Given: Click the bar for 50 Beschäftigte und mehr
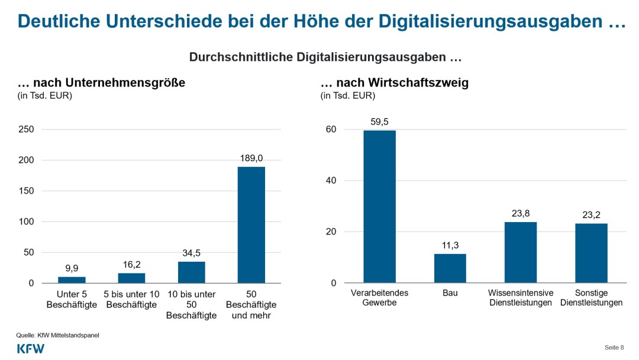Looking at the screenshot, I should coord(251,225).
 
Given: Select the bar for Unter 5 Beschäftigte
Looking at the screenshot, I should coord(72,280).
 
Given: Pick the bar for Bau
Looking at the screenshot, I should coord(450,268).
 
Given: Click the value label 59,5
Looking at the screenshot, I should coord(379,121).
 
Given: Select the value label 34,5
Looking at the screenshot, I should coord(191,253).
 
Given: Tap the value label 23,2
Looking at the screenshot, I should coord(591,215).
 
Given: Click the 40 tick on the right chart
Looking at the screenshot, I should coord(332,181).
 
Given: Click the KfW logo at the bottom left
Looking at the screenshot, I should coord(31,349).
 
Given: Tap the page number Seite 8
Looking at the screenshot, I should coord(614,347).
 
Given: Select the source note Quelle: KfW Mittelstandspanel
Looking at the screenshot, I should coord(57,335).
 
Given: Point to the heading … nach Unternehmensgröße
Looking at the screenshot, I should coord(101,83).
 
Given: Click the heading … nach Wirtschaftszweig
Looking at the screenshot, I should coord(394,83).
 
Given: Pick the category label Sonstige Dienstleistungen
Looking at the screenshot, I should coord(592,298).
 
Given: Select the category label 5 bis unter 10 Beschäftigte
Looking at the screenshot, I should coord(131,298).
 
